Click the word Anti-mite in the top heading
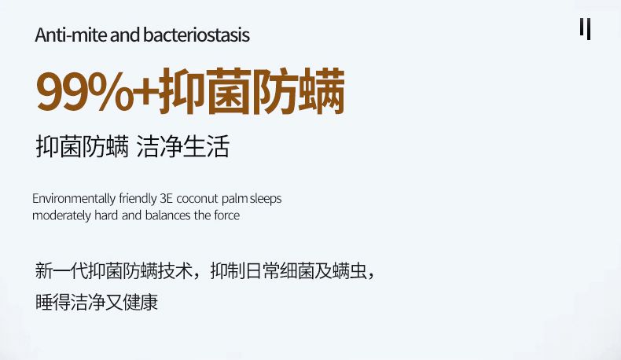tap(71, 35)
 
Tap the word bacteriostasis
tap(197, 35)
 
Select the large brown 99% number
tap(83, 91)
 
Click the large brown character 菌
tap(230, 91)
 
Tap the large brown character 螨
tap(322, 91)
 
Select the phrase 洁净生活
tap(183, 146)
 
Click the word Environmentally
tap(74, 198)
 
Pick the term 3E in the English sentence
tap(167, 198)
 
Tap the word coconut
tap(197, 198)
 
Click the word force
tap(227, 215)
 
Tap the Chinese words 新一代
tap(61, 271)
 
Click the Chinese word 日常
tap(263, 271)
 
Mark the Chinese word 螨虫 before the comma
tap(350, 271)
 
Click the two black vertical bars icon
tap(586, 29)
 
